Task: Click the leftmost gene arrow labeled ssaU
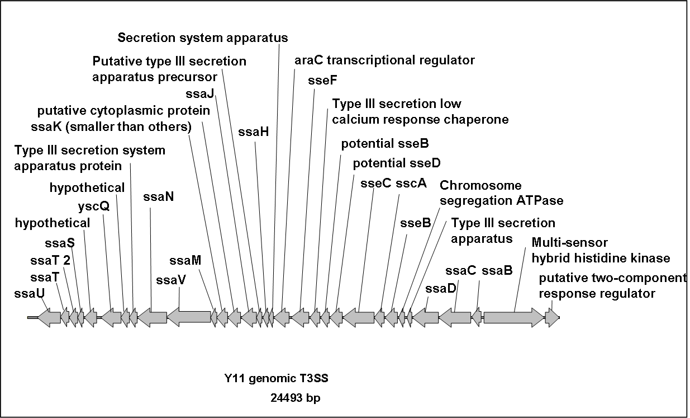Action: point(49,317)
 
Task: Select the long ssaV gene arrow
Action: point(189,317)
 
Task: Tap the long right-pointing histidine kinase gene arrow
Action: point(514,317)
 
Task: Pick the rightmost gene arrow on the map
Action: point(552,317)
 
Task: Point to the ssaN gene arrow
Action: point(152,317)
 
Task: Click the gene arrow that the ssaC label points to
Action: point(455,317)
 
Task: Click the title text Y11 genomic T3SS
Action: point(277,378)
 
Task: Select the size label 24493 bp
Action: point(296,398)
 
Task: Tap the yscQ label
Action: point(94,206)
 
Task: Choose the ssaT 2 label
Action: point(50,261)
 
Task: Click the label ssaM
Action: point(185,261)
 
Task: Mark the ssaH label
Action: point(254,132)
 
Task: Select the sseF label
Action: point(322,81)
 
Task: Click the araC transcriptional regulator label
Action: point(384,60)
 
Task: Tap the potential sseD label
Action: point(397,163)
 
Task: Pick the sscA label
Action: point(411,183)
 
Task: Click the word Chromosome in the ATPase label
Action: point(480,185)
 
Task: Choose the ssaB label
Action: point(497,270)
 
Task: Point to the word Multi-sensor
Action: point(569,242)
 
